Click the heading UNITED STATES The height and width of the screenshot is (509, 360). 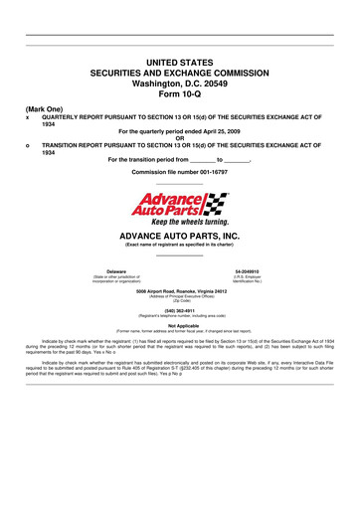click(x=180, y=62)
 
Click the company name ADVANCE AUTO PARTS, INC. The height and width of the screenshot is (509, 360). click(x=180, y=237)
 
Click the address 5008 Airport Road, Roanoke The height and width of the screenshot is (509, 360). click(x=180, y=290)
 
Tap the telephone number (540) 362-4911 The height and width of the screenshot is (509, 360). click(x=180, y=308)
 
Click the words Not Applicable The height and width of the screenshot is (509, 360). click(x=180, y=325)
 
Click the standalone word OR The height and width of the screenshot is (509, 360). click(x=180, y=137)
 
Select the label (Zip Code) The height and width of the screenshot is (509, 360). click(x=180, y=300)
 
